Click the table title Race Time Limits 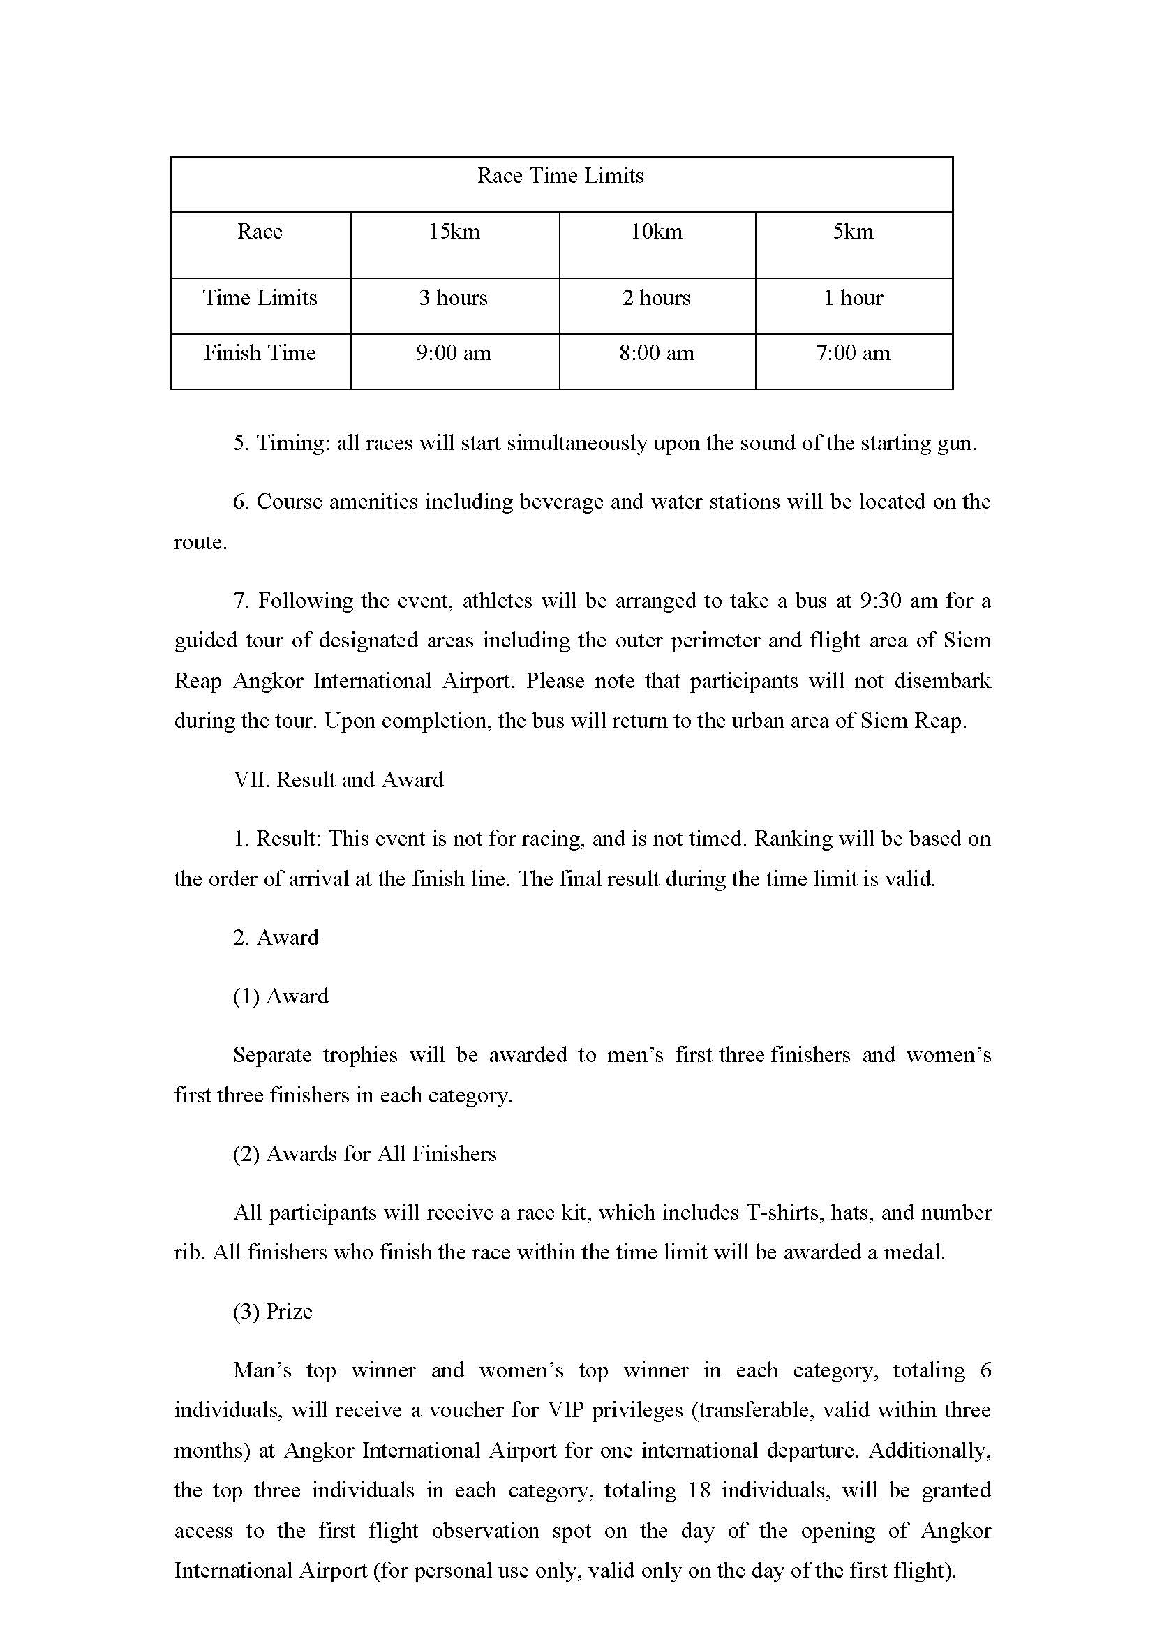pos(560,176)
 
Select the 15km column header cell pos(454,232)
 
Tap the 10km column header pos(657,232)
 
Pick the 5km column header pos(853,232)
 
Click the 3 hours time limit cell pos(454,298)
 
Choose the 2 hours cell pos(657,298)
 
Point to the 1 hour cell pos(853,298)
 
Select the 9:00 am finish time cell pos(454,354)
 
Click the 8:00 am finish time pos(657,354)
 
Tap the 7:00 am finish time pos(853,354)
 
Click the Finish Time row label pos(260,354)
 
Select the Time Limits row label pos(260,298)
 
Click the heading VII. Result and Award pos(338,780)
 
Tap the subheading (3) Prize pos(273,1311)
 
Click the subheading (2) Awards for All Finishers pos(364,1153)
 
